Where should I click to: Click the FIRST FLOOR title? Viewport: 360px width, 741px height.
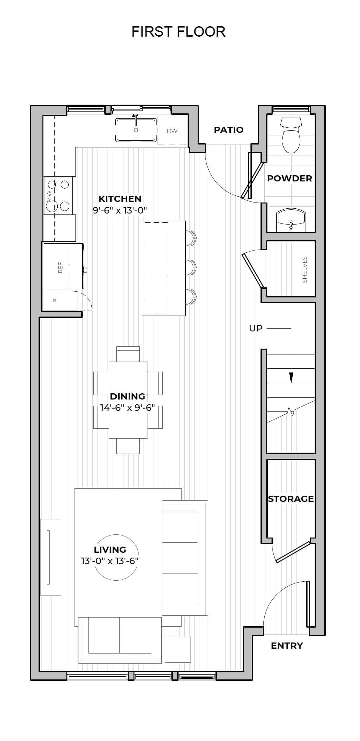(178, 32)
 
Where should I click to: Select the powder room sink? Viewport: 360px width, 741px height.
(291, 220)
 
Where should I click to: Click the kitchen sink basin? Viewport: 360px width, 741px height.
(136, 130)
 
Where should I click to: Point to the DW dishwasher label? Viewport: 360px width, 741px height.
(172, 131)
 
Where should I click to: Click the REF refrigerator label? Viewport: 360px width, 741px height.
(60, 267)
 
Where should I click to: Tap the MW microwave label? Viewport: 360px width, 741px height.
(49, 196)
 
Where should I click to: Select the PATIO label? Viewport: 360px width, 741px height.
(228, 130)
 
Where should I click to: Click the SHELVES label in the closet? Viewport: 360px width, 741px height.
(305, 270)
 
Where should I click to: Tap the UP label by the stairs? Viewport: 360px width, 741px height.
(256, 328)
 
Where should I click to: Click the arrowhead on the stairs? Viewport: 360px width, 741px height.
(291, 377)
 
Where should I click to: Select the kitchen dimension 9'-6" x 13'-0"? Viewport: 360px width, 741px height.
(120, 210)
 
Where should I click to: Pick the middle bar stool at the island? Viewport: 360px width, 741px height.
(191, 267)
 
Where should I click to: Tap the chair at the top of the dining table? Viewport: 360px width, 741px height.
(128, 354)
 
